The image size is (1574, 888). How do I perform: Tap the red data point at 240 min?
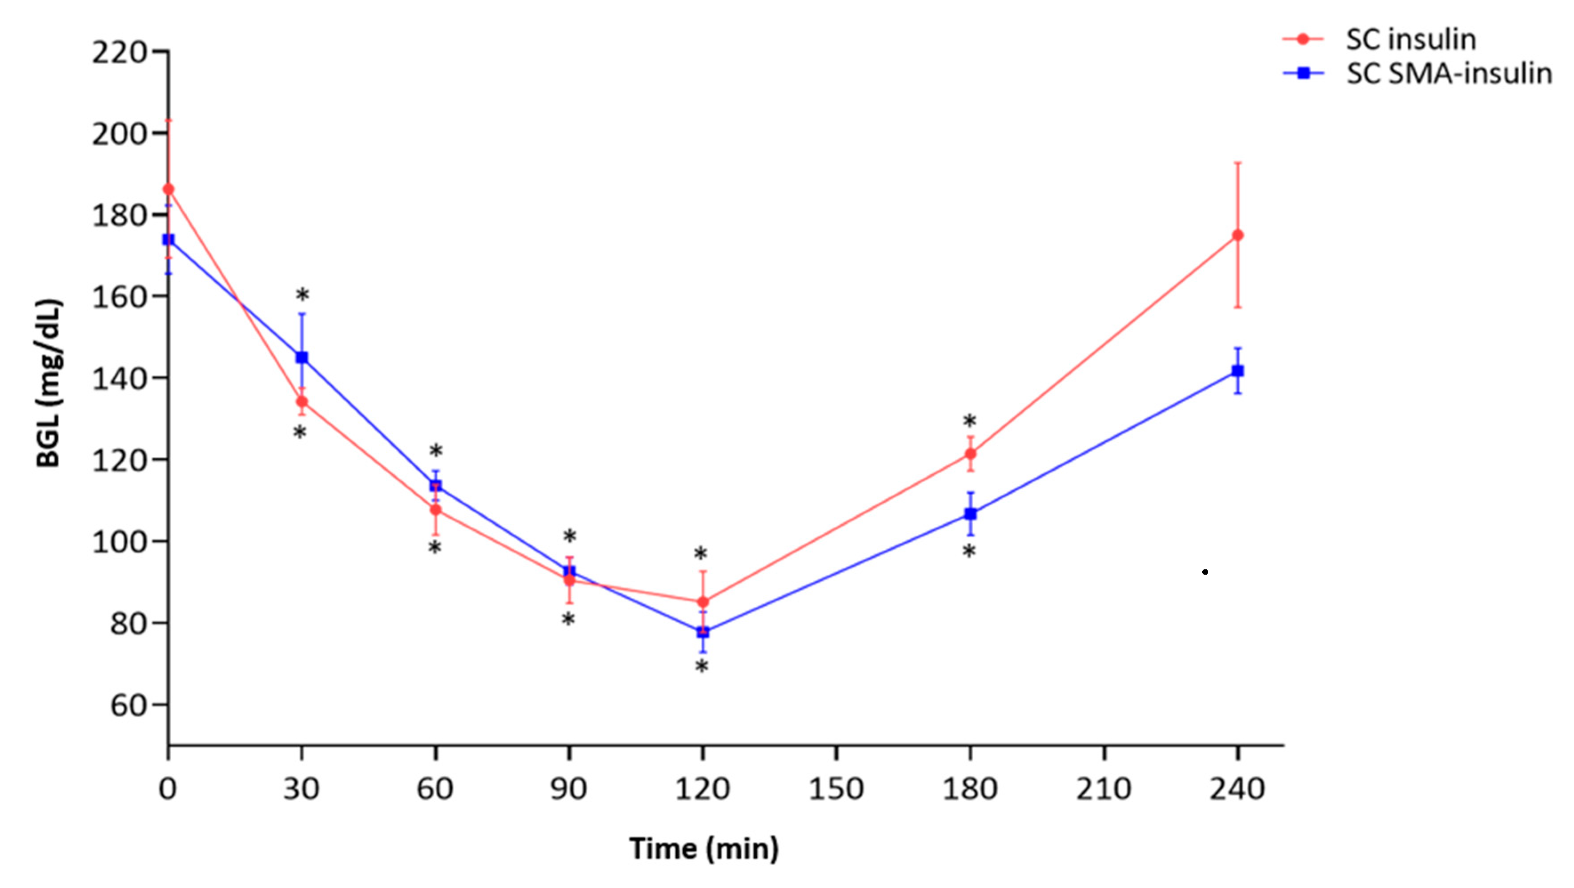pos(1238,235)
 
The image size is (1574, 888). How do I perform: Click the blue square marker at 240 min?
pos(1238,371)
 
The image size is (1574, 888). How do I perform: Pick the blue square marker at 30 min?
pos(302,357)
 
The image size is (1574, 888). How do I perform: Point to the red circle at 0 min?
pos(169,189)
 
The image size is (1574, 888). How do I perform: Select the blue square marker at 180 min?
pos(970,514)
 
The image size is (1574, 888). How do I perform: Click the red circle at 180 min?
pos(970,454)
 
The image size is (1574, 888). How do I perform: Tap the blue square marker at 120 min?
pos(703,632)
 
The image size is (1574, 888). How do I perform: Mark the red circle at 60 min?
pos(436,509)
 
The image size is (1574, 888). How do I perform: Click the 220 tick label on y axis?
pos(119,52)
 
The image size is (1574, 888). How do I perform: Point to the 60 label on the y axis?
pos(128,705)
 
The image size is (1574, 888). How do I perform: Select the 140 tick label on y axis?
pos(119,379)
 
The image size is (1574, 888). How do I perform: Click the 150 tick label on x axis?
pos(836,789)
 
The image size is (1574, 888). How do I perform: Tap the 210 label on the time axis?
pos(1104,789)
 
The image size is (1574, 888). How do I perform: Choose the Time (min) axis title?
pos(704,849)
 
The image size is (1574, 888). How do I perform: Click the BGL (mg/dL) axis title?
pos(49,383)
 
